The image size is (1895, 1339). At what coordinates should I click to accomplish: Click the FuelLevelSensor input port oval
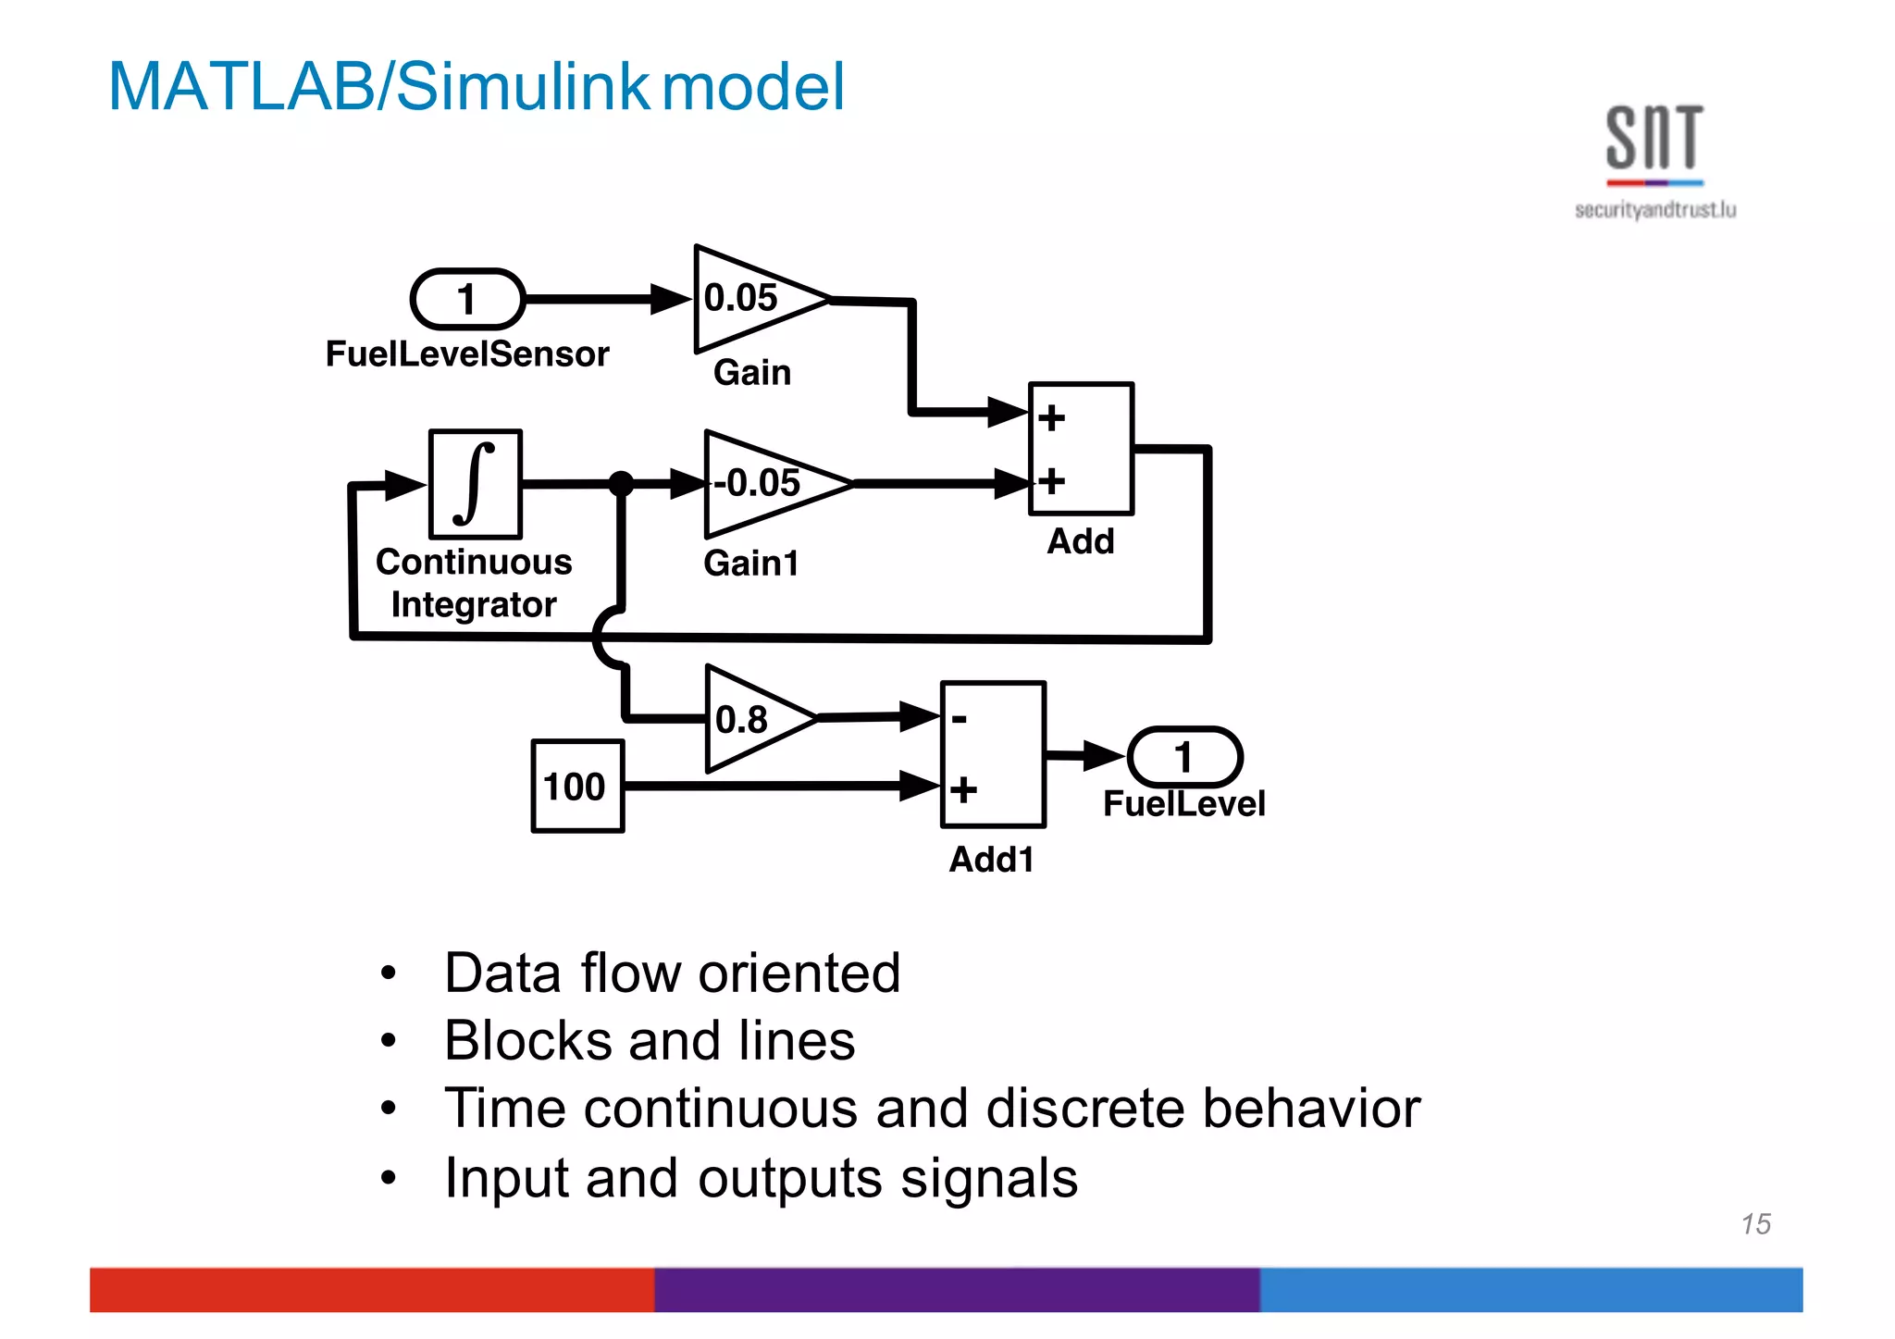[x=467, y=299]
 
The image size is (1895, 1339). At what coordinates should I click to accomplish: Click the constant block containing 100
[x=577, y=787]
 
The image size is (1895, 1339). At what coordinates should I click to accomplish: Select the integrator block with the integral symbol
[x=476, y=484]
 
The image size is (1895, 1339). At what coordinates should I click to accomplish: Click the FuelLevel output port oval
[x=1184, y=757]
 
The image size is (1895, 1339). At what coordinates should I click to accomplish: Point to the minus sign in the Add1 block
[x=960, y=719]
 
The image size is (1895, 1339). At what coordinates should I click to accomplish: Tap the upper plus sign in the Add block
[x=1051, y=418]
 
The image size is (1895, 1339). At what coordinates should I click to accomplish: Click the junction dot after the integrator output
[x=621, y=483]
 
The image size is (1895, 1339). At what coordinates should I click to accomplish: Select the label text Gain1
[x=750, y=564]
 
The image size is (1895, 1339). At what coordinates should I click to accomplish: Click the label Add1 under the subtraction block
[x=991, y=860]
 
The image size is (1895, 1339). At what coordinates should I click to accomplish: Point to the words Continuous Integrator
[x=474, y=583]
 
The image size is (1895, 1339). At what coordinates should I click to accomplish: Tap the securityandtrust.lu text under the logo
[x=1654, y=210]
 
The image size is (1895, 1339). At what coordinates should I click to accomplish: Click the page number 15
[x=1755, y=1224]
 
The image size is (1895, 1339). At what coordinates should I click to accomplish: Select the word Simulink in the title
[x=523, y=86]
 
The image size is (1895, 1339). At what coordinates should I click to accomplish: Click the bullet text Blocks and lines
[x=650, y=1041]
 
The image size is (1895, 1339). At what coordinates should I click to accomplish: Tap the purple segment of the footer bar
[x=957, y=1290]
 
